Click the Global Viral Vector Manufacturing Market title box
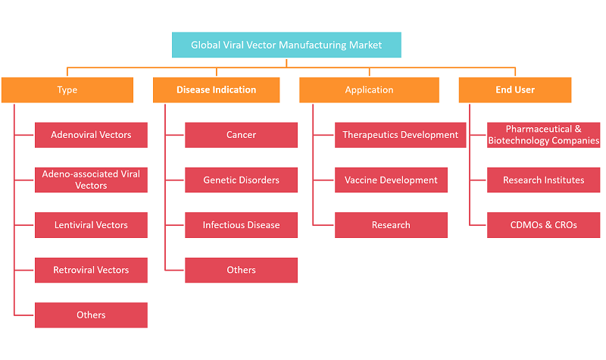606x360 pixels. tap(286, 45)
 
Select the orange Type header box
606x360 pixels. tap(67, 89)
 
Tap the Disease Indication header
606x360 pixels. tap(217, 89)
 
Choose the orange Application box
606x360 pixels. tap(369, 89)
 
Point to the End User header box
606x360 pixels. tap(515, 89)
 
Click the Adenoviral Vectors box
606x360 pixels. tap(91, 135)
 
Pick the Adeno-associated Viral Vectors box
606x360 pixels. tap(91, 180)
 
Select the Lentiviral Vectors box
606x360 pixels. tap(91, 225)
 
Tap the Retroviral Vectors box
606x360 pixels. tap(91, 270)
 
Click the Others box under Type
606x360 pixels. tap(91, 315)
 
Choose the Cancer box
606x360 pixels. tap(241, 135)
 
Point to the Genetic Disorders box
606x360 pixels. tap(241, 180)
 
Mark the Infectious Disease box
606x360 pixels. tap(241, 225)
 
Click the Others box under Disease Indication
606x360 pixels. tap(241, 270)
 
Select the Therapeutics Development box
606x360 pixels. tap(401, 135)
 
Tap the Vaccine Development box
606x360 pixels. tap(391, 180)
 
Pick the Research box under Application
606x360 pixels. tap(391, 225)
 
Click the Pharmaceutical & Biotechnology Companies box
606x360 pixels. tap(543, 135)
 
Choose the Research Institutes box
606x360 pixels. tap(543, 180)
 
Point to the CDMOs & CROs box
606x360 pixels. tap(543, 225)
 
